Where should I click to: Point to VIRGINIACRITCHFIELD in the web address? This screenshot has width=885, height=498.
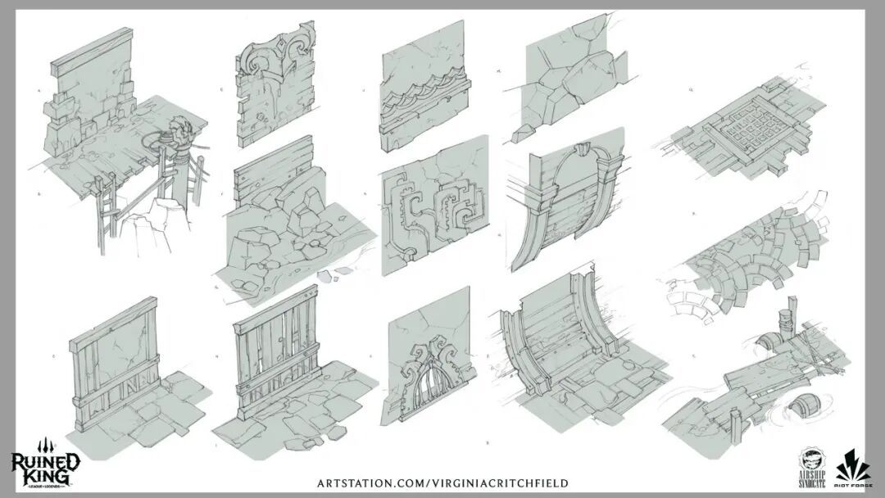point(500,483)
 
